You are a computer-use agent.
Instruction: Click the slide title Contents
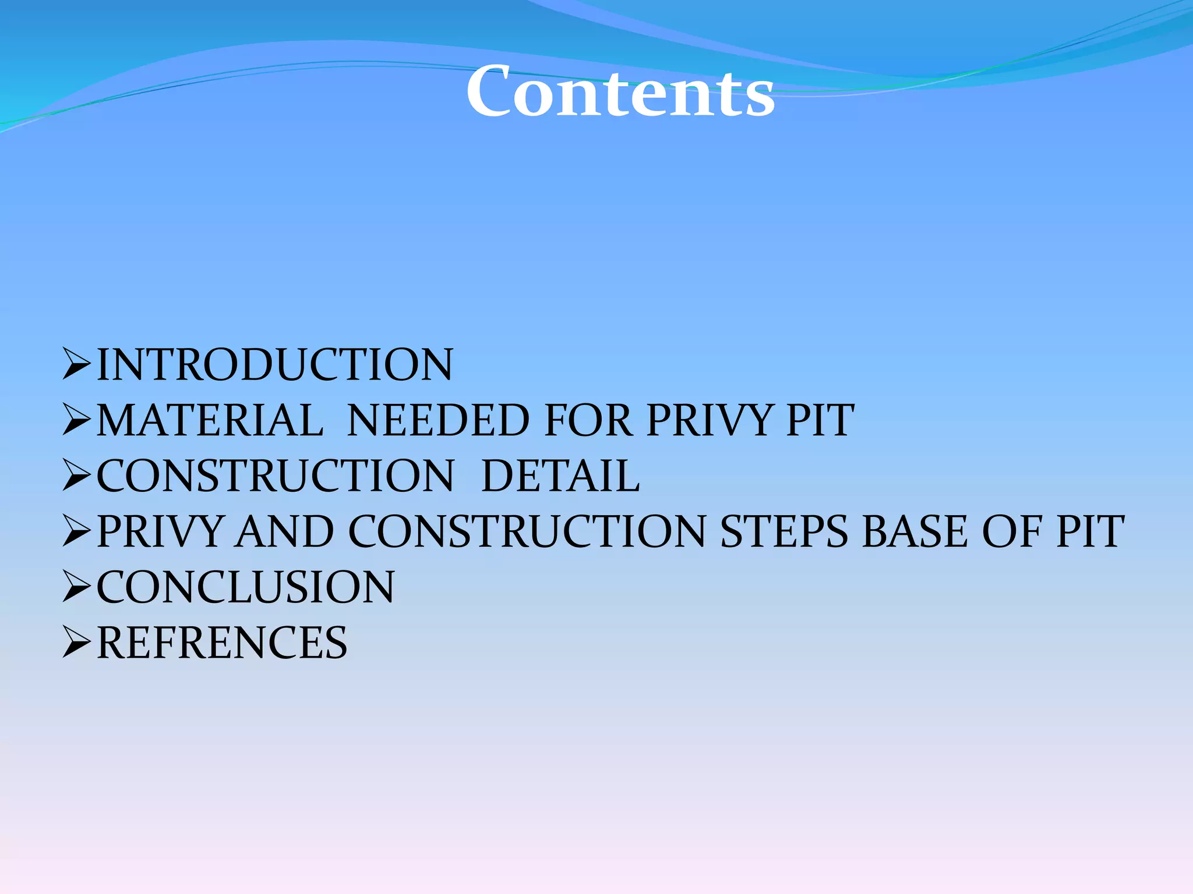coord(620,92)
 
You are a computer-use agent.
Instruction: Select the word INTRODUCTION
coord(274,365)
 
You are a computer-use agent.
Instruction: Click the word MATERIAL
coord(210,420)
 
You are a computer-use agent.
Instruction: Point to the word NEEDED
coord(438,420)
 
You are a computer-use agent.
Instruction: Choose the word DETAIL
coord(560,476)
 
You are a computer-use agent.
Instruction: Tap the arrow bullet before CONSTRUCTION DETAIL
coord(76,475)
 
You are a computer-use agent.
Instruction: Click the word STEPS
coord(784,531)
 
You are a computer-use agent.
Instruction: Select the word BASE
coord(914,531)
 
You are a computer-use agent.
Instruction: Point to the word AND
coord(285,531)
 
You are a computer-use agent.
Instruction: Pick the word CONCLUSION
coord(245,587)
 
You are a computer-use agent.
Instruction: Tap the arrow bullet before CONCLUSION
coord(76,586)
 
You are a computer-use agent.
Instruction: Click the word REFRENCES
coord(221,643)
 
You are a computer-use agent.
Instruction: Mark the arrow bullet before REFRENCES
coord(76,642)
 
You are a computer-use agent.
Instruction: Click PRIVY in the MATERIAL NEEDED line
coord(709,420)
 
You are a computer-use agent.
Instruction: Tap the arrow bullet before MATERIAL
coord(76,420)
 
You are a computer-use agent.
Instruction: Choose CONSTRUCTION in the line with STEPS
coord(527,531)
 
